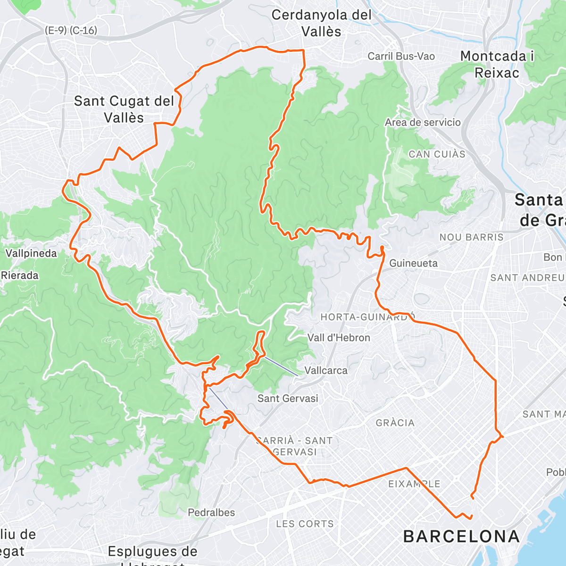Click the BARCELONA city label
[461, 537]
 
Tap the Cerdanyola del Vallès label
[322, 23]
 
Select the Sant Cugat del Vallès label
[124, 109]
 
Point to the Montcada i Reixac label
[497, 64]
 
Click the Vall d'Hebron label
[339, 338]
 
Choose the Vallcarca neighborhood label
[326, 371]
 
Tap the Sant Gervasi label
[288, 399]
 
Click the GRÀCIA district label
[395, 423]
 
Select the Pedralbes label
[211, 513]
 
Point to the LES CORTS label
[305, 524]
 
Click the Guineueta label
[413, 263]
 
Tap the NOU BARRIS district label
[472, 237]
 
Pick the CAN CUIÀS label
[437, 154]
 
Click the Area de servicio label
[423, 123]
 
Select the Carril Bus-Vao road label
[401, 57]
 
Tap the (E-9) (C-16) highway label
[71, 31]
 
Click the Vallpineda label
[31, 253]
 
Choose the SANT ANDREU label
[527, 278]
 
